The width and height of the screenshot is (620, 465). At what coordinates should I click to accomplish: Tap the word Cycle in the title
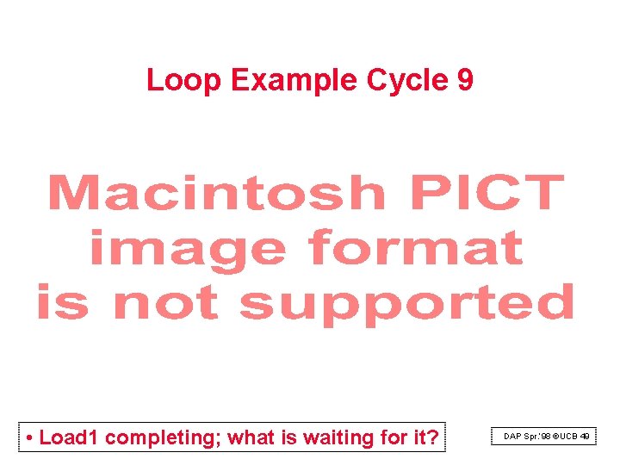[407, 81]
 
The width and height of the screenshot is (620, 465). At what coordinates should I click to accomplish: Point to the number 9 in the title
[465, 81]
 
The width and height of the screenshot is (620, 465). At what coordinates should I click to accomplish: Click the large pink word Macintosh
[216, 193]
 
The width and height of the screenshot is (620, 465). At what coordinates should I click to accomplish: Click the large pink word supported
[406, 304]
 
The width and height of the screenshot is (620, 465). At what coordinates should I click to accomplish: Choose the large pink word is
[62, 302]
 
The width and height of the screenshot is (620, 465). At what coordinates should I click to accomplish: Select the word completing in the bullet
[163, 438]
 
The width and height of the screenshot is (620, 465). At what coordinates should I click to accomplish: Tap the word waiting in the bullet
[338, 438]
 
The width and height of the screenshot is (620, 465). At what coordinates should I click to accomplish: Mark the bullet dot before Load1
[30, 438]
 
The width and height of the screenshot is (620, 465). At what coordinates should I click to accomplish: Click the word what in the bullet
[251, 437]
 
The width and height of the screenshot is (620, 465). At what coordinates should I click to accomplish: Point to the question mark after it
[432, 437]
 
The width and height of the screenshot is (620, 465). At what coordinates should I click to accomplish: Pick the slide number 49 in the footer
[585, 437]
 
